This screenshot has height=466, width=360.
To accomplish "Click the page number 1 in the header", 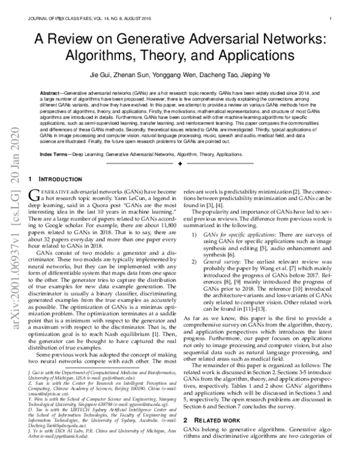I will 331,19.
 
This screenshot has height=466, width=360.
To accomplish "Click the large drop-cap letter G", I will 34,195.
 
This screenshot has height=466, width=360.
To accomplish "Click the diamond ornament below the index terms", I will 180,163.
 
